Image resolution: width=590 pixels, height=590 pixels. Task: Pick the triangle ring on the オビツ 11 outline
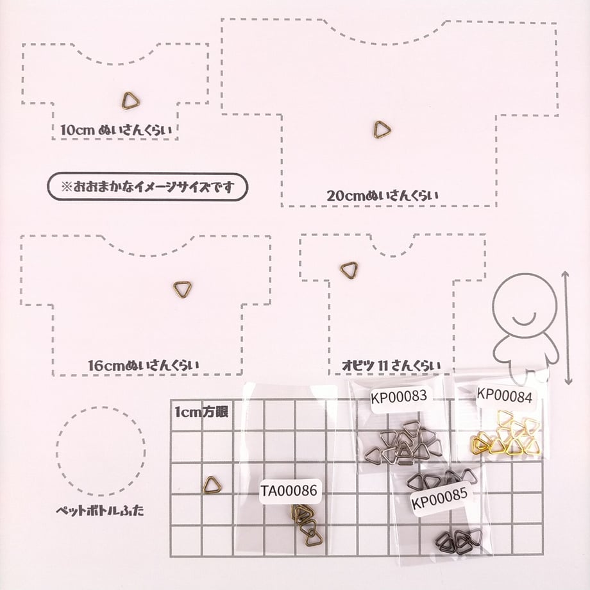(344, 266)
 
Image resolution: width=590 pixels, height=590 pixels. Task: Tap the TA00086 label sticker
(290, 491)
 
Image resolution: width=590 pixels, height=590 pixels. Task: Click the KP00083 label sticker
(399, 396)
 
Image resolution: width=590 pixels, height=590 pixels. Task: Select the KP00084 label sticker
(505, 396)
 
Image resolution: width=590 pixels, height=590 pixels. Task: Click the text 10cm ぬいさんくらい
(116, 130)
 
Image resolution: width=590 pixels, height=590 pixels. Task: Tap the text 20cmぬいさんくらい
(382, 196)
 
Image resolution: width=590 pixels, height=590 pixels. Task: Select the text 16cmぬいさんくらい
(144, 366)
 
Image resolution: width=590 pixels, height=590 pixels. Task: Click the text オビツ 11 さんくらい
(391, 366)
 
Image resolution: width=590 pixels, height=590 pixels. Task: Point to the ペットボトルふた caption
(100, 510)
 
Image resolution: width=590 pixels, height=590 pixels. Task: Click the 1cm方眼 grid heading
(201, 412)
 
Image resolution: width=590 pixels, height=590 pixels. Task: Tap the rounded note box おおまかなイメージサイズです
(147, 187)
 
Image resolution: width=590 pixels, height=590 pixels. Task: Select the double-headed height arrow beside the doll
(568, 327)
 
